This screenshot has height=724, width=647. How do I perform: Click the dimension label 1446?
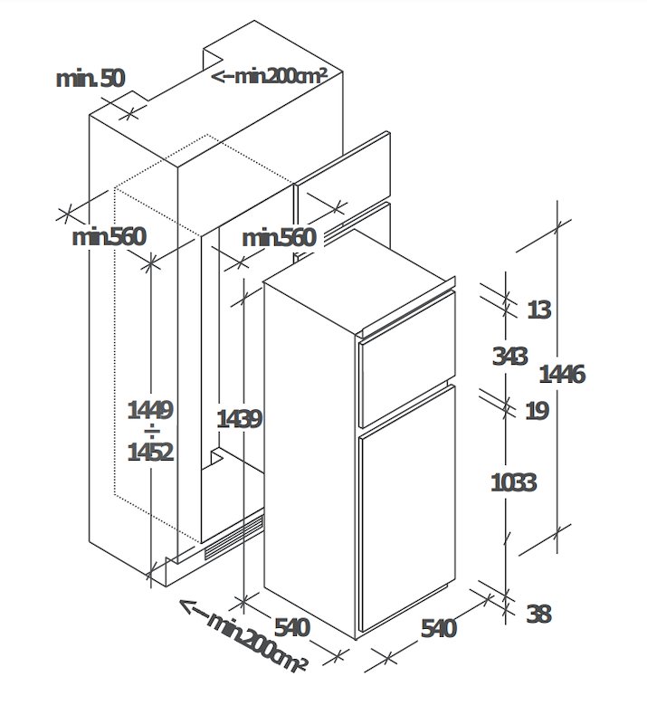(562, 374)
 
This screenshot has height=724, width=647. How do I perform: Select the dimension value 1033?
(513, 482)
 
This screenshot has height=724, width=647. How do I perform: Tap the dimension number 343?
(509, 357)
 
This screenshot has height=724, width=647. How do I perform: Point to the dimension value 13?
(539, 310)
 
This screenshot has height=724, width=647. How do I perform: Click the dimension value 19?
(538, 410)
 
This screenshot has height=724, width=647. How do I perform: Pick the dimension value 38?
(538, 614)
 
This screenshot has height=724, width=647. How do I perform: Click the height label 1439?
(239, 419)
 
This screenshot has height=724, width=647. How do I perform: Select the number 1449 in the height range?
(150, 410)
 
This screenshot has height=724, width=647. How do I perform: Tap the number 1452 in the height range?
(150, 452)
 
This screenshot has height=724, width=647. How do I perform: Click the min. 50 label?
(90, 79)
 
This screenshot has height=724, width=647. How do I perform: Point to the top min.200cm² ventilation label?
(270, 76)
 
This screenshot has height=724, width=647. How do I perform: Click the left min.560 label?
(109, 237)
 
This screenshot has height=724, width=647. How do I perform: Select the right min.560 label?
(279, 238)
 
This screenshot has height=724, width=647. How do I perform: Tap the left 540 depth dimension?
(292, 627)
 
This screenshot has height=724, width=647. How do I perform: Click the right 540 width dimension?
(438, 628)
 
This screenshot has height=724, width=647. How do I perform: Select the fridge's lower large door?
(407, 508)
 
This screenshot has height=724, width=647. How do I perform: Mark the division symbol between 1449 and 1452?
(151, 432)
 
